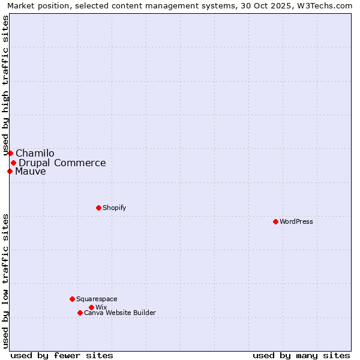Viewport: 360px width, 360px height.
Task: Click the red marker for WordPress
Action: click(275, 221)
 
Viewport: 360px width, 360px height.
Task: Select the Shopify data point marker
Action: click(98, 208)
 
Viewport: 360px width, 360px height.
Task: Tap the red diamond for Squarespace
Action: click(72, 299)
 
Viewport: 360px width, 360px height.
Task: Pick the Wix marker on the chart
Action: click(91, 307)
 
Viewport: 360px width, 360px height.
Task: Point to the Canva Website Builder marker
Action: click(80, 313)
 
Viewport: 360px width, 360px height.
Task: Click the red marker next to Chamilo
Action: click(10, 153)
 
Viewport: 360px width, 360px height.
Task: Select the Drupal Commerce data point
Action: click(13, 163)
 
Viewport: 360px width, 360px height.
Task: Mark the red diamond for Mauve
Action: click(10, 171)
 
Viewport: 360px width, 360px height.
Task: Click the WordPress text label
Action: click(296, 221)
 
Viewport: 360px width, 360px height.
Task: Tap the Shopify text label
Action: click(115, 208)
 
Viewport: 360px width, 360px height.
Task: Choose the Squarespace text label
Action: click(97, 299)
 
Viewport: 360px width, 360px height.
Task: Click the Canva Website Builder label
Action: click(120, 313)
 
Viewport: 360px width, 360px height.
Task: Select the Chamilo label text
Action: click(35, 153)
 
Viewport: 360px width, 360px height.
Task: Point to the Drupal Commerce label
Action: click(62, 163)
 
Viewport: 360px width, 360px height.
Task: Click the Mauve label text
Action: click(31, 171)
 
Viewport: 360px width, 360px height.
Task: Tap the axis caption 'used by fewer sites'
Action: click(62, 355)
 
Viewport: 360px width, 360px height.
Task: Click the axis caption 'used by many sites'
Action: click(301, 355)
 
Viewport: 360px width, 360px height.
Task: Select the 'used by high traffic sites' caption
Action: click(5, 86)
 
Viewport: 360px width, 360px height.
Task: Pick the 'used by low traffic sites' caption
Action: click(5, 281)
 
